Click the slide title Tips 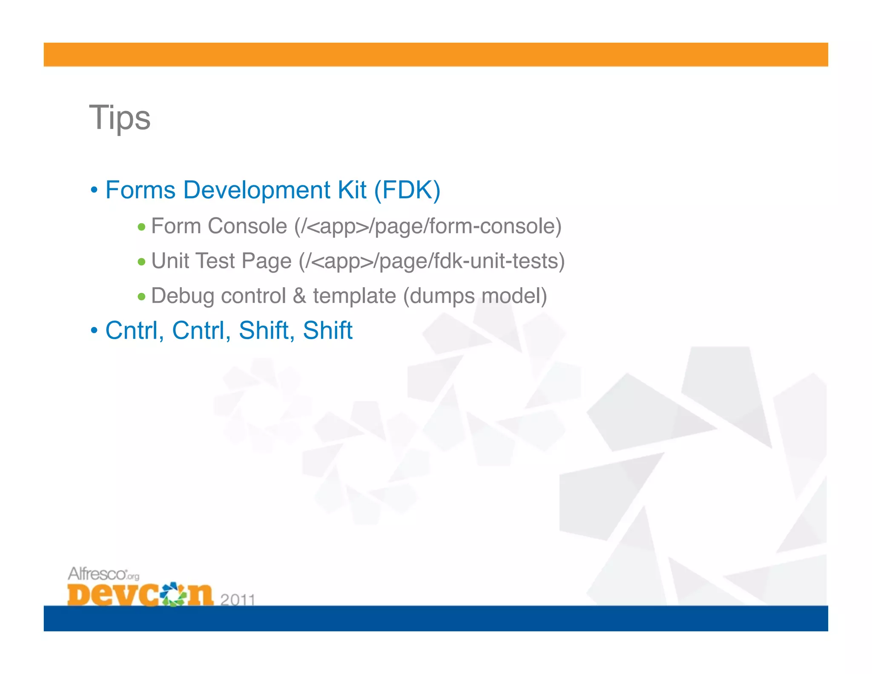(x=120, y=118)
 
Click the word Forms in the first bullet (x=140, y=190)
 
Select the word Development (x=256, y=190)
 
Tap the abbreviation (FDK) (x=407, y=190)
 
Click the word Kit (x=352, y=190)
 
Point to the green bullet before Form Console (x=142, y=227)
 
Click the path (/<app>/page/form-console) (x=427, y=226)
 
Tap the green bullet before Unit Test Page (x=142, y=262)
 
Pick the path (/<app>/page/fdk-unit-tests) (x=431, y=261)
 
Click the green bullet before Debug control (x=142, y=297)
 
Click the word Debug (x=182, y=296)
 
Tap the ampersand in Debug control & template (x=299, y=296)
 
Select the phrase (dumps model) (x=475, y=296)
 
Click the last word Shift (x=327, y=331)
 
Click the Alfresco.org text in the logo (x=103, y=574)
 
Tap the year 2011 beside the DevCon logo (x=238, y=599)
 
